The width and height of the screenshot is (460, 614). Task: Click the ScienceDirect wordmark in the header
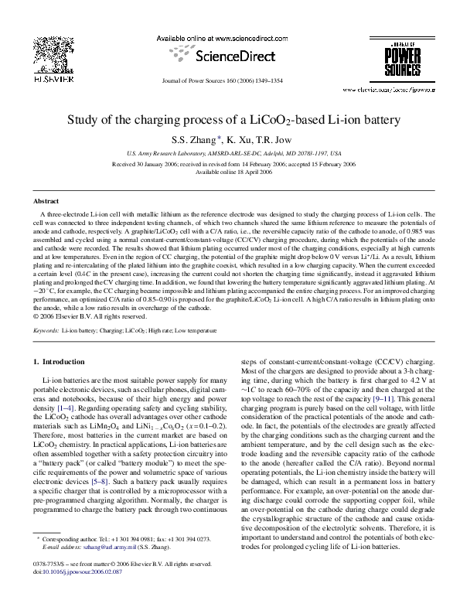click(x=230, y=56)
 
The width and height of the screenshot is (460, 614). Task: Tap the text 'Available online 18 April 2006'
click(x=230, y=172)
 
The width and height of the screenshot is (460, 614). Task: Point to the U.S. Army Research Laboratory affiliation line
click(x=230, y=154)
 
